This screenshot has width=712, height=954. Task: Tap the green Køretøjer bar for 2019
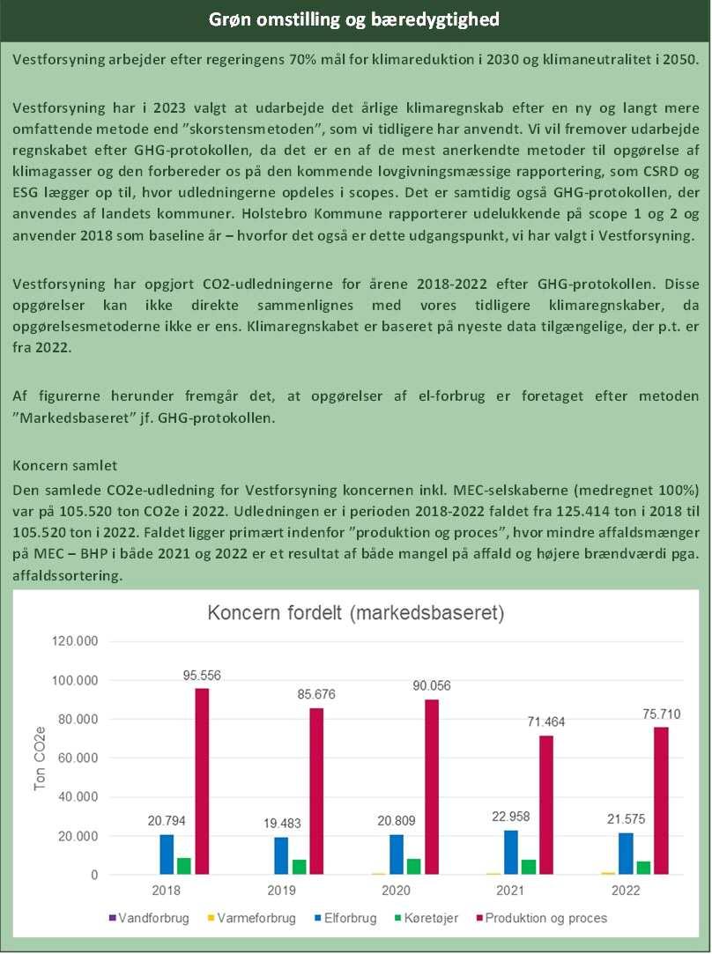(x=299, y=867)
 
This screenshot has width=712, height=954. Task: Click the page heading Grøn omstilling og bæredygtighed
(x=356, y=19)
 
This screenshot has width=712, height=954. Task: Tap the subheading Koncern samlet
(x=66, y=465)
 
